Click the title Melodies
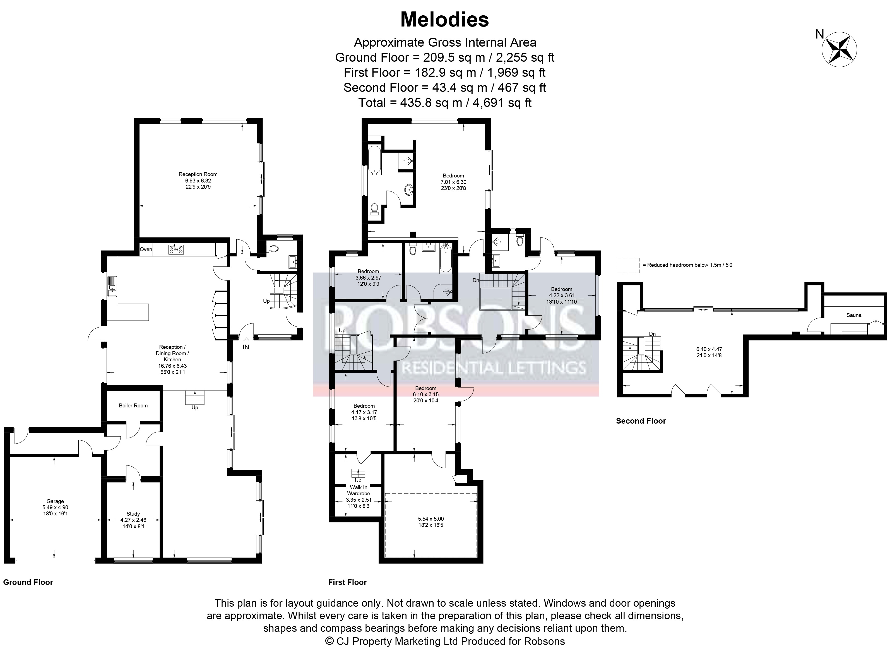click(444, 20)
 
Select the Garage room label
click(55, 501)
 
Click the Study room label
click(133, 514)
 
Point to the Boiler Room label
click(133, 405)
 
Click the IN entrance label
click(246, 347)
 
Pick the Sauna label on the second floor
click(854, 315)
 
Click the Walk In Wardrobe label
click(359, 490)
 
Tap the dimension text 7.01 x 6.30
click(453, 182)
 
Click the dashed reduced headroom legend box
click(628, 265)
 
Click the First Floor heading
click(347, 582)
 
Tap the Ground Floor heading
click(28, 582)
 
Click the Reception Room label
click(198, 174)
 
